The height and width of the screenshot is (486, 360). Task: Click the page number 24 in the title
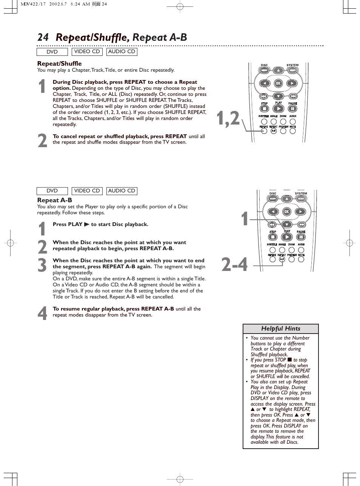(x=43, y=37)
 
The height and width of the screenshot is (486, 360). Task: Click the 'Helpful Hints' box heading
(x=280, y=329)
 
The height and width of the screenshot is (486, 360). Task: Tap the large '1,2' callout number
(x=228, y=118)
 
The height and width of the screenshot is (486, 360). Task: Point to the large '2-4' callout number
(x=235, y=264)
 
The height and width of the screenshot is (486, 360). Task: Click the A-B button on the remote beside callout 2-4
(x=282, y=260)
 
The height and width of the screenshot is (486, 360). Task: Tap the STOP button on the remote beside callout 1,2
(x=264, y=109)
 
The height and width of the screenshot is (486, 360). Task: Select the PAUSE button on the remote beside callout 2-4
(x=301, y=237)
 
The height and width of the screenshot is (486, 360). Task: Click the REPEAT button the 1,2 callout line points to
(x=264, y=131)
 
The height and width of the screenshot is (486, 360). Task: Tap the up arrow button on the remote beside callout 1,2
(x=278, y=71)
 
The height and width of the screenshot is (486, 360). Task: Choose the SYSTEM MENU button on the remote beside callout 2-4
(x=301, y=198)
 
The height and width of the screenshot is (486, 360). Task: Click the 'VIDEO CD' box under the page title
(x=87, y=52)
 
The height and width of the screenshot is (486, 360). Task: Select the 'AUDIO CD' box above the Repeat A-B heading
(x=122, y=191)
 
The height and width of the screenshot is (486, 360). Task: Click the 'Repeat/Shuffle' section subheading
(x=59, y=63)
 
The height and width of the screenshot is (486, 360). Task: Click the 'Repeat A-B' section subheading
(x=54, y=200)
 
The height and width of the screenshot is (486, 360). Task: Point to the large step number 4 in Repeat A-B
(x=42, y=313)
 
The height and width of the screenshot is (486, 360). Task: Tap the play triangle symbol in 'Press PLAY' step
(x=86, y=225)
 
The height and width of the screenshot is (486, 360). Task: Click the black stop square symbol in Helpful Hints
(x=289, y=360)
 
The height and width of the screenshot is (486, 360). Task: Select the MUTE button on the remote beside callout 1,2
(x=293, y=131)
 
